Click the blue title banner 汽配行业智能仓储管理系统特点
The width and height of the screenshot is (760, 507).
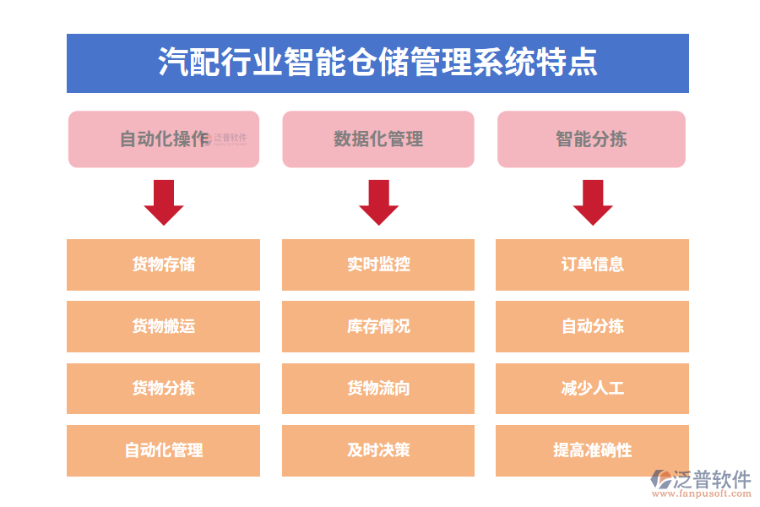[377, 63]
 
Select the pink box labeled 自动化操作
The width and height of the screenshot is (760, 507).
[164, 139]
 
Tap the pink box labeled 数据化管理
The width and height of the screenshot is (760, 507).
[378, 139]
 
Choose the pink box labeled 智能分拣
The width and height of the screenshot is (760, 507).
[591, 139]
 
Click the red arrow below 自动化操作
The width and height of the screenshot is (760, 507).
[164, 202]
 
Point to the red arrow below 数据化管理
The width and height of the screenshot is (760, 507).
[378, 202]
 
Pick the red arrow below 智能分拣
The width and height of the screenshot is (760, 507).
[593, 202]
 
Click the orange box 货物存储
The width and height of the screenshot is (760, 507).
[164, 264]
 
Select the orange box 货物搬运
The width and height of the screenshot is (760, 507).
[164, 326]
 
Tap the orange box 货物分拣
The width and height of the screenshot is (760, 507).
[164, 389]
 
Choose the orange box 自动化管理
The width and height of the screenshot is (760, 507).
[164, 450]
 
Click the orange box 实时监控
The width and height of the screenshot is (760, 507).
[378, 264]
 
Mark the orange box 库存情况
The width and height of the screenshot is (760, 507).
[378, 326]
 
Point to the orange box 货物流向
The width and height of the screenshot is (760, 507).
[378, 389]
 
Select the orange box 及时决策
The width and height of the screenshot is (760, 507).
[378, 450]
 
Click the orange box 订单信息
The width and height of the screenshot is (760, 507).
[592, 264]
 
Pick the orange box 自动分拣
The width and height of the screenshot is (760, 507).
[592, 326]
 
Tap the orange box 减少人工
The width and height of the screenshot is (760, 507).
[592, 389]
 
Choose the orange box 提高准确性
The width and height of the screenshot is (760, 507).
[592, 450]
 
